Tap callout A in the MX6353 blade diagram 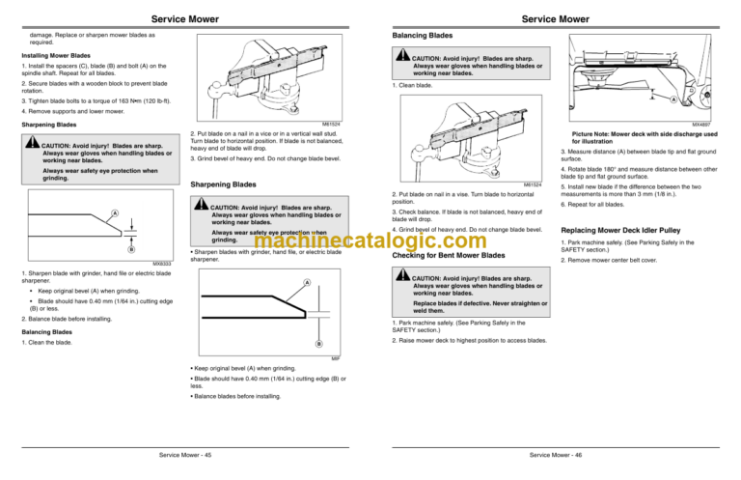click(x=115, y=212)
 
